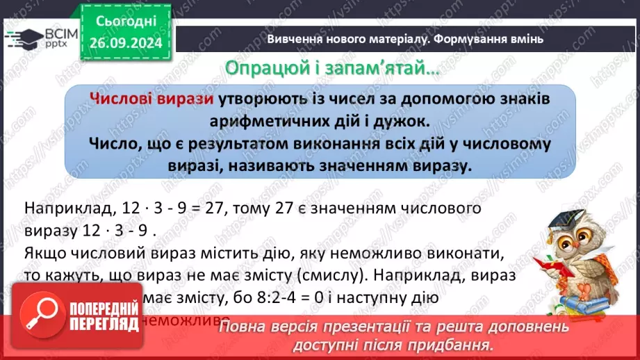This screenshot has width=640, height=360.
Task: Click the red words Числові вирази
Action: (x=151, y=99)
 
